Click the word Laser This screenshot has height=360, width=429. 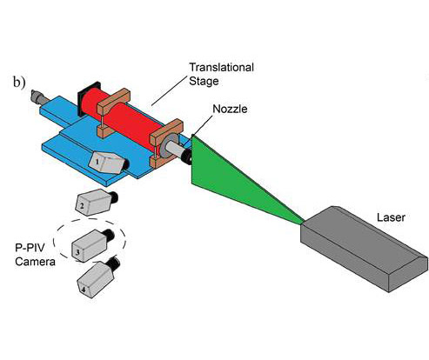pos(391,217)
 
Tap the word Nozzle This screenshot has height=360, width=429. pos(230,109)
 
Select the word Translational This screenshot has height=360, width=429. pos(222,67)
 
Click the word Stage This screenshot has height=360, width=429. pos(204,81)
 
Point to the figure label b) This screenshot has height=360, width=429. pos(19,83)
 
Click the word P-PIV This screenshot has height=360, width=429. pos(30,248)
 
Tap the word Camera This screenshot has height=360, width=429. pos(35,262)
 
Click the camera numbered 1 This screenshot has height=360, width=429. pos(109,163)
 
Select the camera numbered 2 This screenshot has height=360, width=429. pos(96,202)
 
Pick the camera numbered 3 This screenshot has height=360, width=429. pos(92,245)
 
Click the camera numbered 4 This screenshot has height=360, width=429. pos(98,277)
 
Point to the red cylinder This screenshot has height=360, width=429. pos(122,119)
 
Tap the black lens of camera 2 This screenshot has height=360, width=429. pos(113,197)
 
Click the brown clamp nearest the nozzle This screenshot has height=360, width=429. pos(165,142)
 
